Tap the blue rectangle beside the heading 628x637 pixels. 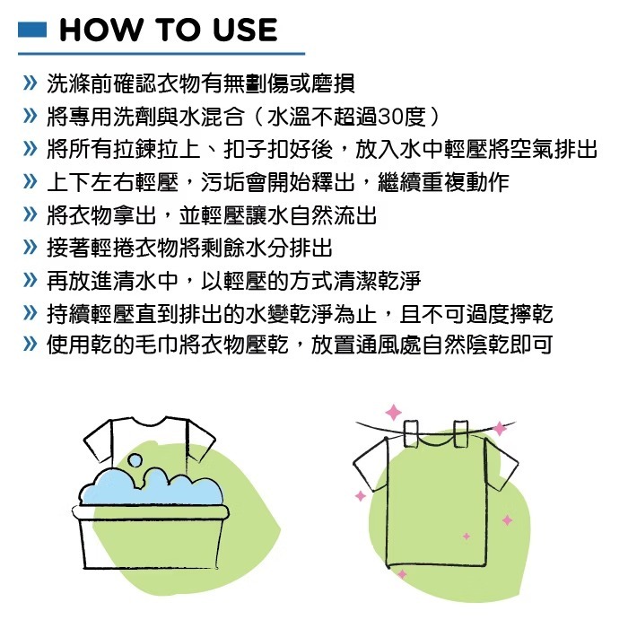pyautogui.click(x=32, y=31)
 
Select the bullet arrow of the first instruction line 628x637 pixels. pyautogui.click(x=31, y=83)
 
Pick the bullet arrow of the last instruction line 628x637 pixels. pyautogui.click(x=31, y=345)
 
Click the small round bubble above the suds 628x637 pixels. pyautogui.click(x=135, y=460)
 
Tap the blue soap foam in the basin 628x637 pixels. pyautogui.click(x=151, y=486)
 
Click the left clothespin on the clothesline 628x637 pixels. pyautogui.click(x=411, y=433)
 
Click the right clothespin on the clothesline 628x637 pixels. pyautogui.click(x=460, y=434)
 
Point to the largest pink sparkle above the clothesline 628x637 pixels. pyautogui.click(x=393, y=412)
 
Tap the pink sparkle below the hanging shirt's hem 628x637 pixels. pyautogui.click(x=402, y=573)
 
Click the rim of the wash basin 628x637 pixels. pyautogui.click(x=151, y=512)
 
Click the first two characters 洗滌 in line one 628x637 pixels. pyautogui.click(x=69, y=83)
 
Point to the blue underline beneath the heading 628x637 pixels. pyautogui.click(x=161, y=54)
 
